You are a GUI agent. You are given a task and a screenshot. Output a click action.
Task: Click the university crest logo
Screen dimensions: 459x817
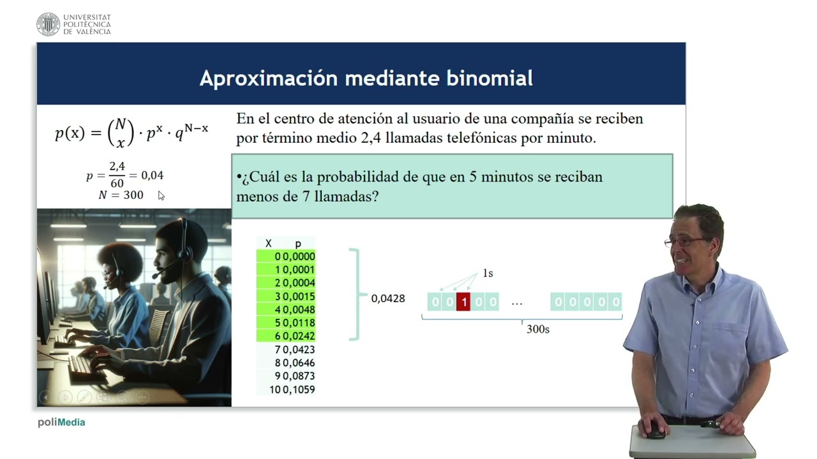click(x=48, y=24)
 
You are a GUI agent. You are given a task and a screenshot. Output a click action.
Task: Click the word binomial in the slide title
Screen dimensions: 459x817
click(x=491, y=78)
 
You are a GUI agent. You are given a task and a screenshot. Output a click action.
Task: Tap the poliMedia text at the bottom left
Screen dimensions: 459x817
click(x=61, y=422)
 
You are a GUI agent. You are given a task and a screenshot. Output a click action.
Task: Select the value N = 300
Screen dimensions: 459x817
click(x=121, y=195)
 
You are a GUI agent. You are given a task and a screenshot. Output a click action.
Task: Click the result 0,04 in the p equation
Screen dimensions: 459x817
click(x=152, y=175)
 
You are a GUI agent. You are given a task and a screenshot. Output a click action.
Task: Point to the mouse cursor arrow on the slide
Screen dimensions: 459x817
click(x=161, y=196)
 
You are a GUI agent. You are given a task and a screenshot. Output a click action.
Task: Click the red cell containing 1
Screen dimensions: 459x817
click(x=463, y=302)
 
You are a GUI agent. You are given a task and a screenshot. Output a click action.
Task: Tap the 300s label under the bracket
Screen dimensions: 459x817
click(x=537, y=330)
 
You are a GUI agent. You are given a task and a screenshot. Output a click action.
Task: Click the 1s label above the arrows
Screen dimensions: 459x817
click(x=488, y=273)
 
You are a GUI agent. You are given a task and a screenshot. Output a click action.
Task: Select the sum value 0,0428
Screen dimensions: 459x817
click(x=388, y=298)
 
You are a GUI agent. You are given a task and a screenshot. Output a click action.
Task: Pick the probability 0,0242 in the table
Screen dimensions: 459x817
click(x=299, y=336)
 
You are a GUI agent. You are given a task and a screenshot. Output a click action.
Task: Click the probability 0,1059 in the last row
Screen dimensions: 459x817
click(x=299, y=390)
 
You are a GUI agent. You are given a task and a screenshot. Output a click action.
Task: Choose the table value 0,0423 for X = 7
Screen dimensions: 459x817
click(x=299, y=349)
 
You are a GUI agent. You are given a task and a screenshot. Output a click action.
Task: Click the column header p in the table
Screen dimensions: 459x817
click(x=298, y=244)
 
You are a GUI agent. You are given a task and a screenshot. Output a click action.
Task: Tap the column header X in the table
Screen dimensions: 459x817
click(x=268, y=244)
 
